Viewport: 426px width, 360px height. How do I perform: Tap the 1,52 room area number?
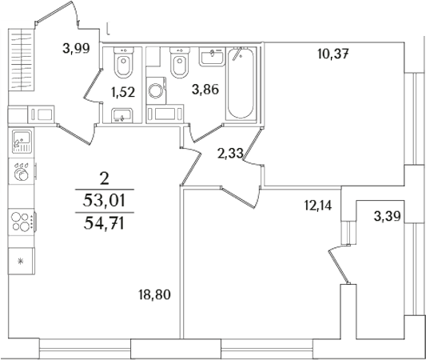click(121, 91)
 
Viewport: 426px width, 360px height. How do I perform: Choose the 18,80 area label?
click(156, 294)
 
